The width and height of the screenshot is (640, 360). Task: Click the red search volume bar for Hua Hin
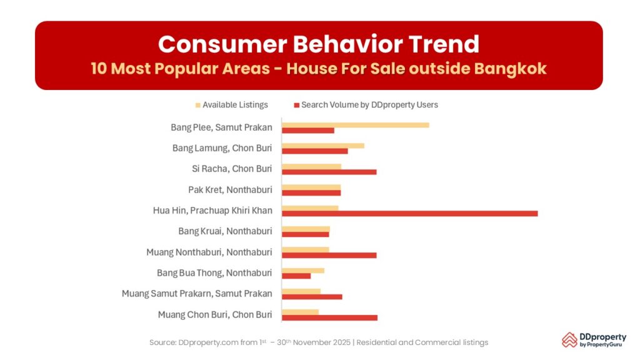pyautogui.click(x=409, y=214)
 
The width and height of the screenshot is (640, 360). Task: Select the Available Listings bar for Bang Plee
pyautogui.click(x=355, y=124)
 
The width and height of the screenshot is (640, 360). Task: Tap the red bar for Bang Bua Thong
pyautogui.click(x=296, y=276)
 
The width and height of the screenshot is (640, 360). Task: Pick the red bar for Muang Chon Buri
pyautogui.click(x=329, y=317)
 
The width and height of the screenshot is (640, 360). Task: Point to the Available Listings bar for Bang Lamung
pyautogui.click(x=322, y=146)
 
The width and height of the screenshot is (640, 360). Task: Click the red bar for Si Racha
pyautogui.click(x=329, y=172)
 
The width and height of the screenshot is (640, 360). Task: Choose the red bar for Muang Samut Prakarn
pyautogui.click(x=312, y=296)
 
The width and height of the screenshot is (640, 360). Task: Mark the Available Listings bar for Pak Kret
pyautogui.click(x=311, y=187)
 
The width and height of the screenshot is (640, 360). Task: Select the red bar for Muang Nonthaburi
pyautogui.click(x=329, y=255)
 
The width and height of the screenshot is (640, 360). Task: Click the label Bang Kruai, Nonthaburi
pyautogui.click(x=225, y=231)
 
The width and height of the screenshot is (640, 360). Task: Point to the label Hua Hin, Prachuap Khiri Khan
pyautogui.click(x=212, y=211)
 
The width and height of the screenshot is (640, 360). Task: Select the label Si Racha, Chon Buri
pyautogui.click(x=232, y=169)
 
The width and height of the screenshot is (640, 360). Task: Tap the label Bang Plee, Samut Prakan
pyautogui.click(x=221, y=127)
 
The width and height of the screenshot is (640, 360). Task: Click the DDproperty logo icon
pyautogui.click(x=569, y=339)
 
